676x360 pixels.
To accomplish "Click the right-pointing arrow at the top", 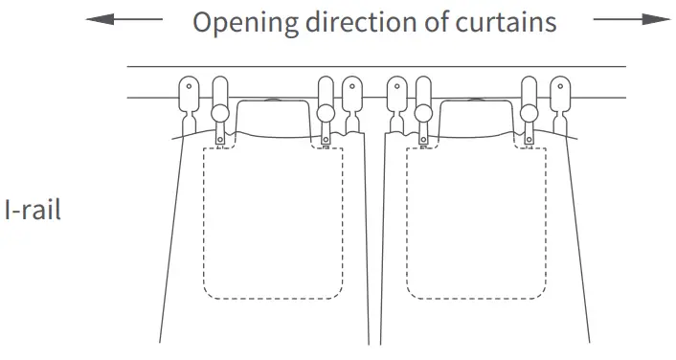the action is pyautogui.click(x=631, y=20).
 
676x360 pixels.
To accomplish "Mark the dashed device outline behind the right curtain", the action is pyautogui.click(x=476, y=220).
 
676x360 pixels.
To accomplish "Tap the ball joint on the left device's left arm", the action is pyautogui.click(x=220, y=114).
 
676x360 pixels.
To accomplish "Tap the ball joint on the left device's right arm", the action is pyautogui.click(x=326, y=114).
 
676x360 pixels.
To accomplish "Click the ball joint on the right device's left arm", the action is pyautogui.click(x=422, y=114).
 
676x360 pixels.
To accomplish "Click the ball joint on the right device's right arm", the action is pyautogui.click(x=528, y=114).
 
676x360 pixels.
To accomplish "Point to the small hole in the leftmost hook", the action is pyautogui.click(x=189, y=87).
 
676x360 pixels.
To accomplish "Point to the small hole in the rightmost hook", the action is pyautogui.click(x=558, y=87).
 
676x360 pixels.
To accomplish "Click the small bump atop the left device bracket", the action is pyautogui.click(x=273, y=98).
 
